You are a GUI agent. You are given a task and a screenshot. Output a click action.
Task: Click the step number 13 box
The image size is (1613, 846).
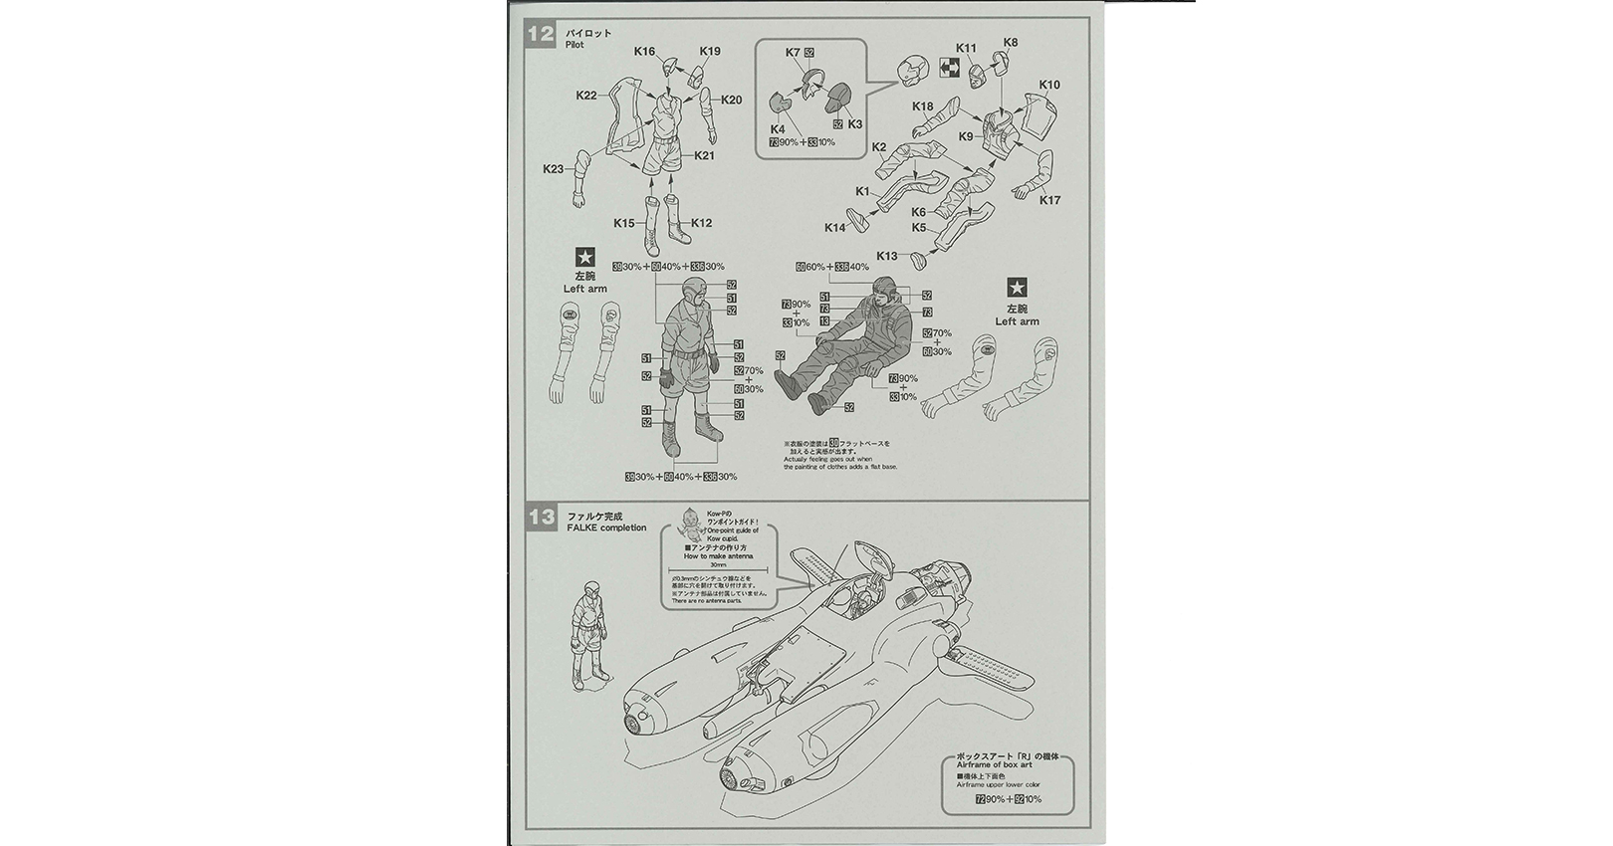pos(541,518)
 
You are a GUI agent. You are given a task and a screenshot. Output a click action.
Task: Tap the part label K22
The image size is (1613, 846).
pos(586,96)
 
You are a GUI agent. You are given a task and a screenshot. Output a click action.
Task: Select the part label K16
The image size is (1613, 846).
pos(644,50)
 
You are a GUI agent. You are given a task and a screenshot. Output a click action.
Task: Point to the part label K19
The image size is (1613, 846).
pos(710,51)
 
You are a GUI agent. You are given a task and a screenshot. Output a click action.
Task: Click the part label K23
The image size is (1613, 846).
pos(554,169)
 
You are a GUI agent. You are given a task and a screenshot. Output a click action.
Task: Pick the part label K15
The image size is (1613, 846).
pos(624,223)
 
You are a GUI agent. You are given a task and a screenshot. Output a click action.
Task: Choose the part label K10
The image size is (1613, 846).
pos(1049,85)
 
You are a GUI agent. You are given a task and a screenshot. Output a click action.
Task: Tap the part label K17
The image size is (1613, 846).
pos(1049,200)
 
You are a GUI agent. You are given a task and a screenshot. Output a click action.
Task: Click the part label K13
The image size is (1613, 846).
pos(887,256)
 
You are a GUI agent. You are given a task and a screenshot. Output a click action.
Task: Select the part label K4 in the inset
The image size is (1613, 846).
pos(778,129)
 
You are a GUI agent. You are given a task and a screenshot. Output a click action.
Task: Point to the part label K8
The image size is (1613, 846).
pos(1011,43)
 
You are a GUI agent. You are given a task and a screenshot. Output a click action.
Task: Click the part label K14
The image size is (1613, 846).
pos(834,228)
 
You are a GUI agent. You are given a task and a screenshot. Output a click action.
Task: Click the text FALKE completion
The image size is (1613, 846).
pos(606,528)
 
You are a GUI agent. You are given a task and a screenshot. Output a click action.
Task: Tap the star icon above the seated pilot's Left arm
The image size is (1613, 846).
pos(1017,288)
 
